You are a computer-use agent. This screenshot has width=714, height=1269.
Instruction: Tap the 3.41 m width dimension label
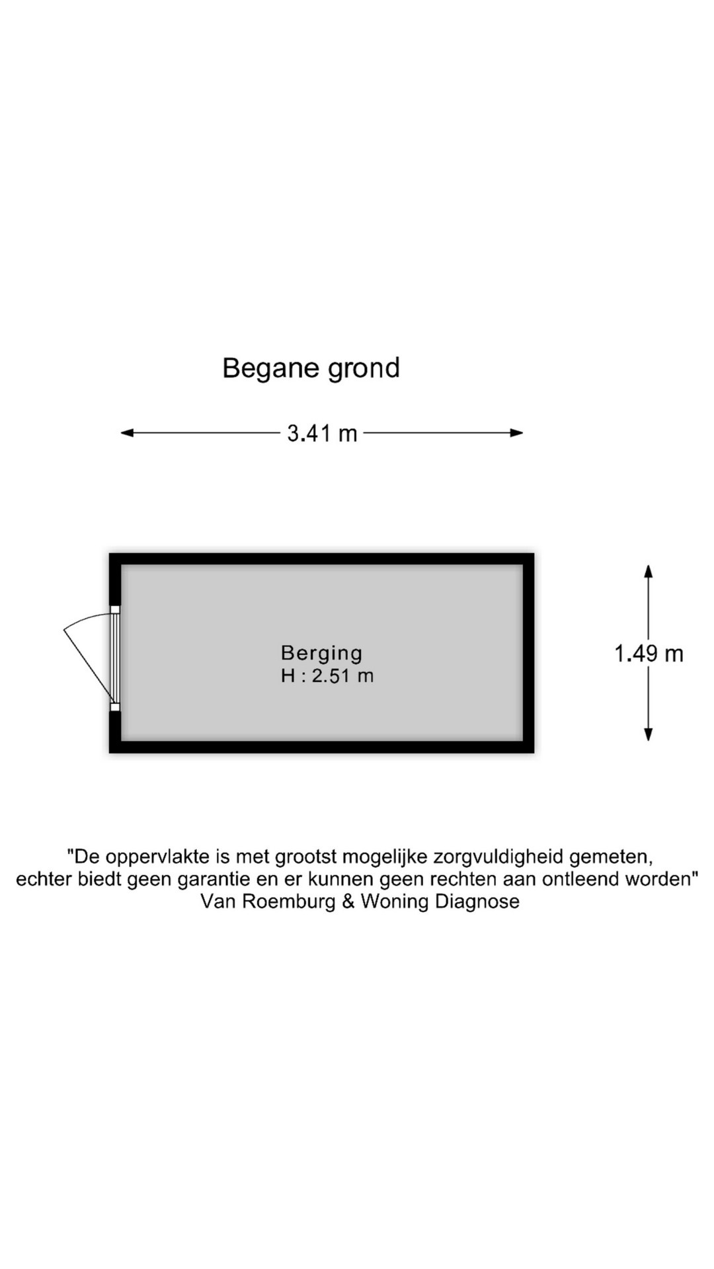tap(323, 434)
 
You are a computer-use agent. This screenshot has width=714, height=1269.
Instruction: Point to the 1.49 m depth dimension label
tap(649, 654)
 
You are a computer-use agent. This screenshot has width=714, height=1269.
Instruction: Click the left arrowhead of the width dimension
tap(127, 433)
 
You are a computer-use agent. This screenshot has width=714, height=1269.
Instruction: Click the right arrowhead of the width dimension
tap(516, 433)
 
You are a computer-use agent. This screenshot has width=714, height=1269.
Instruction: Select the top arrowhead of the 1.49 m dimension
tap(649, 572)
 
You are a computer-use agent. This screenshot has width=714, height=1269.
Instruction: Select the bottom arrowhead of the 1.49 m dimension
tap(649, 734)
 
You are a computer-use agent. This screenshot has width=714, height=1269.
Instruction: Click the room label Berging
tap(322, 654)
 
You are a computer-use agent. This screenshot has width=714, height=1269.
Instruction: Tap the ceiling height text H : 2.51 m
tap(327, 676)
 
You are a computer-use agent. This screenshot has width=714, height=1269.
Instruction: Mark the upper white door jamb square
tap(115, 609)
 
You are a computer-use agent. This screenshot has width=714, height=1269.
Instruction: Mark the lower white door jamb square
tap(115, 707)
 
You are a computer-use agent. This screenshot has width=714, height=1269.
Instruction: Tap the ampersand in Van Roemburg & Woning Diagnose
tap(348, 902)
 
